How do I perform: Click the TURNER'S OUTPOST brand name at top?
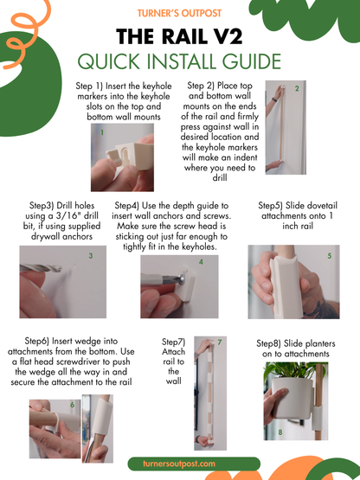(179, 13)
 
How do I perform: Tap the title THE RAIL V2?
(179, 36)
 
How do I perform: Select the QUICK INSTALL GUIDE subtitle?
(179, 61)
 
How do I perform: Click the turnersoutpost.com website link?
(179, 464)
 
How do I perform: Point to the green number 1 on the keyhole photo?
(102, 132)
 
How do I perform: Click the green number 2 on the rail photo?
(297, 88)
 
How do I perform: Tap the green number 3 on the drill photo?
(91, 256)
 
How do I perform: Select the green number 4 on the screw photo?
(201, 262)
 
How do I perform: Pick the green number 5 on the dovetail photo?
(330, 256)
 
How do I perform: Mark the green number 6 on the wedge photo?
(73, 405)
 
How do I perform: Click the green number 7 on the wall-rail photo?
(220, 342)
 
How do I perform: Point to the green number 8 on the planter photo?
(280, 432)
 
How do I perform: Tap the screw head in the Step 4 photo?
(181, 278)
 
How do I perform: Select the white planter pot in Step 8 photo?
(292, 398)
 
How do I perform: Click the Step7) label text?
(173, 342)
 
